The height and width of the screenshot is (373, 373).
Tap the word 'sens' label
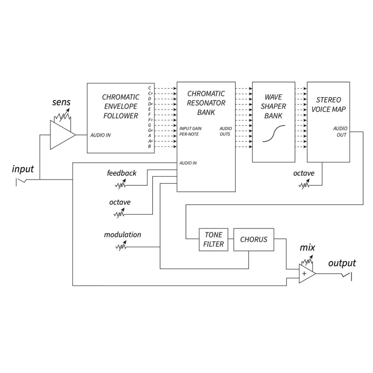pos(61,102)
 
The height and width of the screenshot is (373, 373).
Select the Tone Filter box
pos(213,240)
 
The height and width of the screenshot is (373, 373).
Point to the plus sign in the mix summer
pos(304,274)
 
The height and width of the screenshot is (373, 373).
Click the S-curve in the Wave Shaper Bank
pos(274,134)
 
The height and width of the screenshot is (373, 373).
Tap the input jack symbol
pos(21,182)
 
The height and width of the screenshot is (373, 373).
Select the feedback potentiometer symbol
pos(120,184)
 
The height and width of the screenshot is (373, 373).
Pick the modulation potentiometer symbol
pos(121,246)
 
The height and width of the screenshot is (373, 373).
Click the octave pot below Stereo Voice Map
pos(304,184)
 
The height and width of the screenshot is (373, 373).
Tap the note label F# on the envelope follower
pos(150,120)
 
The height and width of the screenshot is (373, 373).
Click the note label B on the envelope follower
pos(150,146)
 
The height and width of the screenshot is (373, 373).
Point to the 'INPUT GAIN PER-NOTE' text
pos(190,131)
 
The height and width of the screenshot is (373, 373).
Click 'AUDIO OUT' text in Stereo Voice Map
pos(340,131)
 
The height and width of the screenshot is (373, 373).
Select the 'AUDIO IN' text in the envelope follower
pos(100,135)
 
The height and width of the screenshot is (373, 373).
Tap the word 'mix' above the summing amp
pos(307,247)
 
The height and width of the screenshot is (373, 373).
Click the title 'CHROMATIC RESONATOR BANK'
pos(206,103)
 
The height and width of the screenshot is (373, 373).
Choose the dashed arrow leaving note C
pos(166,89)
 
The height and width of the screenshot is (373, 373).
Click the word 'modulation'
pos(122,235)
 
